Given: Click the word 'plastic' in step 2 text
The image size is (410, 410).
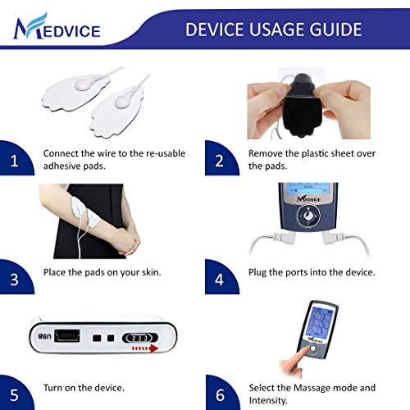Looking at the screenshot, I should click(x=321, y=153).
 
